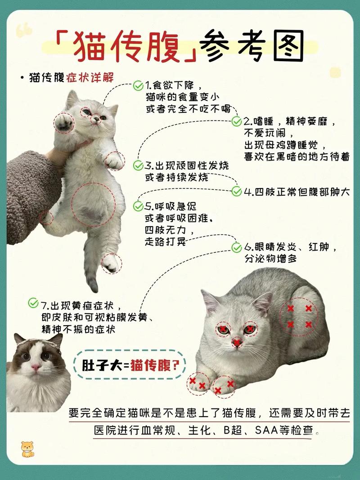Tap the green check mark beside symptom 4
click(237, 192)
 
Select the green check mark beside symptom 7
click(33, 303)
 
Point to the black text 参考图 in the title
click(252, 46)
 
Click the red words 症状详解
click(90, 77)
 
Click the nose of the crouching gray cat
click(237, 343)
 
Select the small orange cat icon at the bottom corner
click(27, 449)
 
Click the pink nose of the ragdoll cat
click(36, 367)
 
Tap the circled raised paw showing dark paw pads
click(64, 122)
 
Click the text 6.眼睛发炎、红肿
click(290, 248)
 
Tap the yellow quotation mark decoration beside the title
click(24, 31)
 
